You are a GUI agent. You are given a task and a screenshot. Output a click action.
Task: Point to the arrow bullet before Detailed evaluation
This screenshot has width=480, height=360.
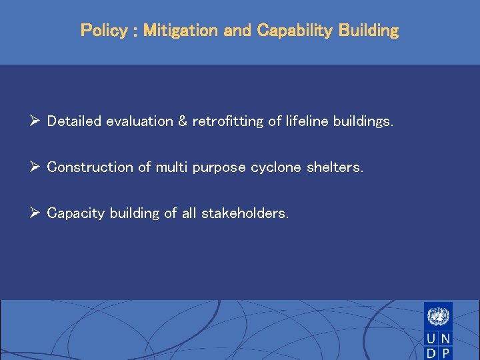click(36, 121)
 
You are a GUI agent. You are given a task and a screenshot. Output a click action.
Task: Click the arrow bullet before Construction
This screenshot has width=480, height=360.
click(36, 167)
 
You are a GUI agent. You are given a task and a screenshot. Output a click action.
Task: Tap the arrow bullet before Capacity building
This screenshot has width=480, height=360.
click(36, 213)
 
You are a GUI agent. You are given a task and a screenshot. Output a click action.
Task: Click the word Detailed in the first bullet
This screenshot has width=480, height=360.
click(73, 121)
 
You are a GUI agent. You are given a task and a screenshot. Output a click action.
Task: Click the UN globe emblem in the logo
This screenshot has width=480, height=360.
click(438, 315)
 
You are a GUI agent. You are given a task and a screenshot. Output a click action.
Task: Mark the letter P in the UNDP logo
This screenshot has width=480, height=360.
click(445, 353)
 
